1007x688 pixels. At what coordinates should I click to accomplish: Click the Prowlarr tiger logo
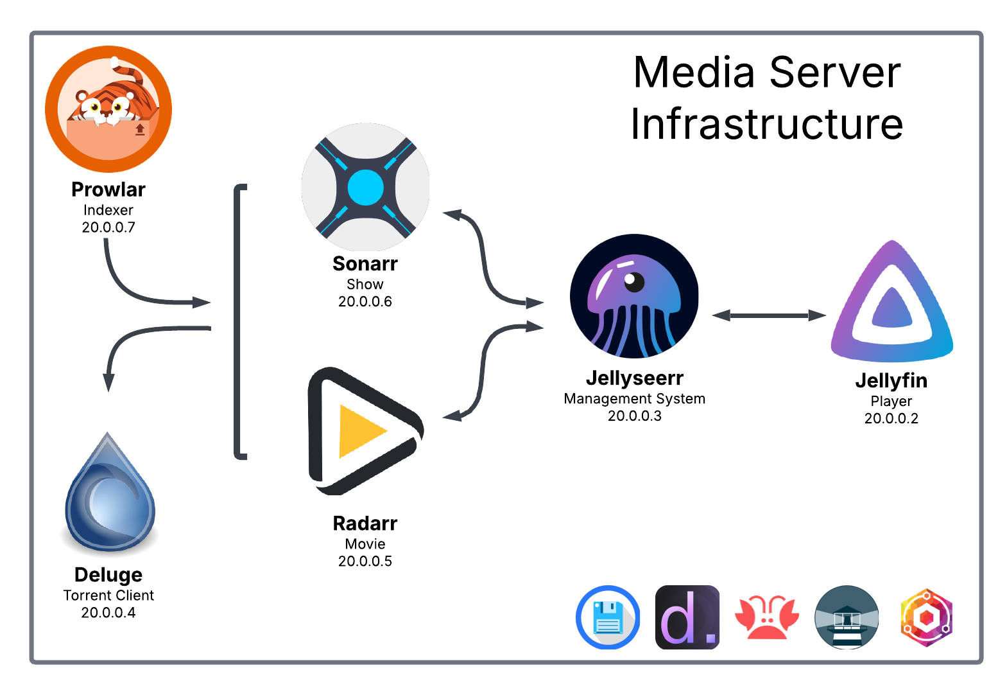point(108,109)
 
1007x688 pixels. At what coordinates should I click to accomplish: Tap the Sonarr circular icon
point(365,187)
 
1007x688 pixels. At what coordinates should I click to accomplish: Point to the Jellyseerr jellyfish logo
point(634,297)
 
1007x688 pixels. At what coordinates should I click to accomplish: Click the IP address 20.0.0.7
point(108,227)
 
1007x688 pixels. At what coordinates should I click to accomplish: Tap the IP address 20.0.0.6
point(365,302)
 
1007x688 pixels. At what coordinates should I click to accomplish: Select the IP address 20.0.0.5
point(365,561)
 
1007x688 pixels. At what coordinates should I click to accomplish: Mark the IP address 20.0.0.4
point(108,613)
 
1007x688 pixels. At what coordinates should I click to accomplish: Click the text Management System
point(634,399)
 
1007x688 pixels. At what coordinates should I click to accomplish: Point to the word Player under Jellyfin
point(891,401)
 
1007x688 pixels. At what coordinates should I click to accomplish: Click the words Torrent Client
point(108,595)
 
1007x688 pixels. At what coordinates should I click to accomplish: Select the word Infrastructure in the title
point(767,124)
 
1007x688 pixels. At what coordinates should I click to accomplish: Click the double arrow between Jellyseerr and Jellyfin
point(769,315)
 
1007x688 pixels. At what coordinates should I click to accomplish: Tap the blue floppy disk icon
point(608,617)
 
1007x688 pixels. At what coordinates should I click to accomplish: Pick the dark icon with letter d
point(687,617)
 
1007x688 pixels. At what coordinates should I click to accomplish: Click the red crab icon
point(767,617)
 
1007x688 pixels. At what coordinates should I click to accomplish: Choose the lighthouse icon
point(847,617)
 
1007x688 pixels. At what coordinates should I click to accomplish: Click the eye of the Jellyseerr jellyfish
point(633,280)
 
